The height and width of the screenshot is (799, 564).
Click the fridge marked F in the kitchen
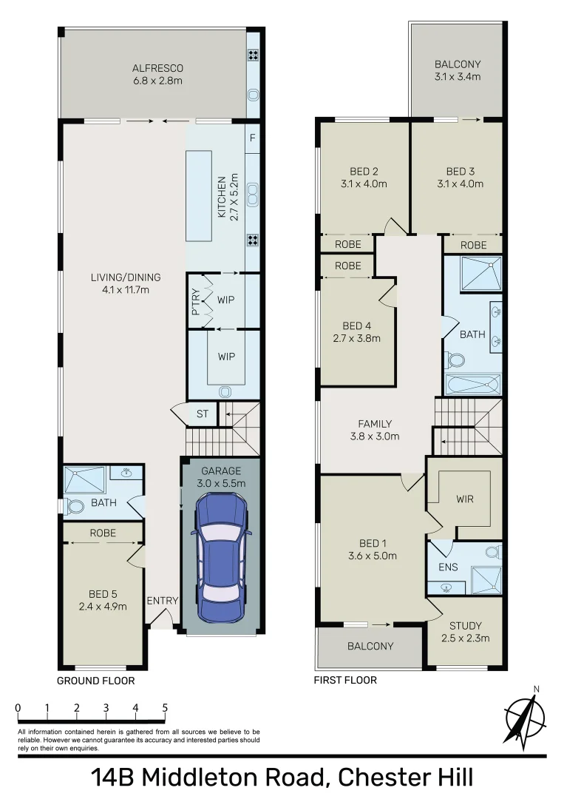(x=253, y=138)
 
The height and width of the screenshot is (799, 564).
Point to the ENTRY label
(x=162, y=600)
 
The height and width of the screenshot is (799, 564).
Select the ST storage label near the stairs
(x=202, y=414)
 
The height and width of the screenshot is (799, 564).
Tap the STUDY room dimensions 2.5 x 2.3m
(x=466, y=638)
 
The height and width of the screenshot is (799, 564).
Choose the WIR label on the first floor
(x=465, y=499)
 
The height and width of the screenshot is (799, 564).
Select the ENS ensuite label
(x=448, y=567)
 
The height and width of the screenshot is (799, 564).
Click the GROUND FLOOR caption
(x=96, y=681)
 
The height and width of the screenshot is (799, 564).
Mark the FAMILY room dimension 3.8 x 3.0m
(x=375, y=436)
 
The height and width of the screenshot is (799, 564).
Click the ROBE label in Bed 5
(x=102, y=532)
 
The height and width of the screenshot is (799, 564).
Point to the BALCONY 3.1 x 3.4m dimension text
(x=458, y=76)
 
